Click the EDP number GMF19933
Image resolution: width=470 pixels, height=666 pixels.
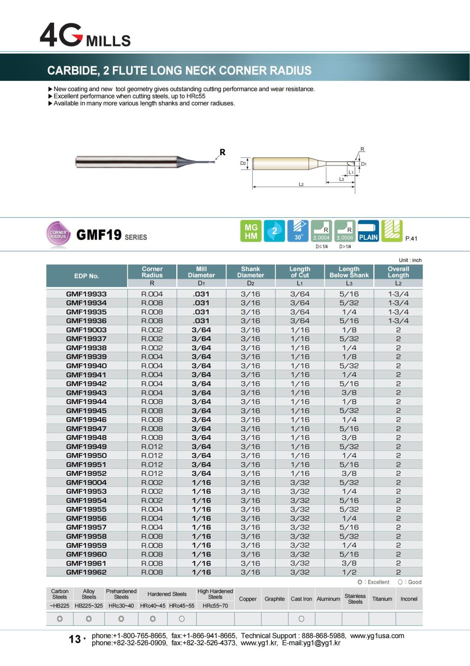(x=86, y=294)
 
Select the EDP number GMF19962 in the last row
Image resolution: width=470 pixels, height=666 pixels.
(x=86, y=572)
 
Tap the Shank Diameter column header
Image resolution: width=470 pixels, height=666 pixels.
(x=251, y=272)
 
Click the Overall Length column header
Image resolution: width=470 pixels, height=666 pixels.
(x=398, y=272)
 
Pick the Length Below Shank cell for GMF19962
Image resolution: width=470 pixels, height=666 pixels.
(x=349, y=572)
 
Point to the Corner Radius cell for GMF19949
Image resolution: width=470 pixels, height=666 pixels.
(x=152, y=446)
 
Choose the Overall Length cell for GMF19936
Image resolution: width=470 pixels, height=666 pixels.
(x=398, y=321)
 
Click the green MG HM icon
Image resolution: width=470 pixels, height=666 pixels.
(x=251, y=231)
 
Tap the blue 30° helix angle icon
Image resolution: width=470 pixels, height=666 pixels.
(x=298, y=231)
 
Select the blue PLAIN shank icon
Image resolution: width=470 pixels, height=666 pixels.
(x=368, y=231)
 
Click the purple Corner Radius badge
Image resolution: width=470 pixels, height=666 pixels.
(x=58, y=235)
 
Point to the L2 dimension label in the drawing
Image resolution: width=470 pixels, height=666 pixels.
(x=301, y=184)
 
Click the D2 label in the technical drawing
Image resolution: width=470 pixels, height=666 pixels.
(x=243, y=163)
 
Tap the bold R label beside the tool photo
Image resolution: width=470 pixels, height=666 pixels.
(x=222, y=152)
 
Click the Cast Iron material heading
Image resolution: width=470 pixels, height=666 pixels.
(x=301, y=599)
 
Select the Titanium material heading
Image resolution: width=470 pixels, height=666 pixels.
(x=382, y=599)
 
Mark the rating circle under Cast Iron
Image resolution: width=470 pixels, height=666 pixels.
(x=301, y=619)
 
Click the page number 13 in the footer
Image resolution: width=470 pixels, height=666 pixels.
(x=75, y=639)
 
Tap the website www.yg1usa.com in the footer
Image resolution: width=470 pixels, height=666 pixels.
(x=377, y=636)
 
